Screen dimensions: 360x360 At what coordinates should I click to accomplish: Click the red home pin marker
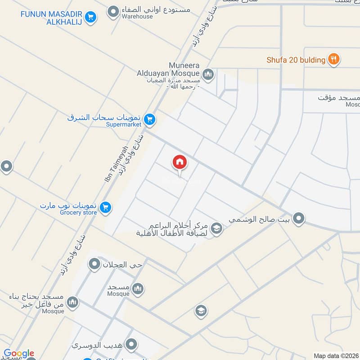tap(180, 162)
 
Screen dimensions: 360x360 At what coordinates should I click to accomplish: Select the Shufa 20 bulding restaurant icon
tap(333, 59)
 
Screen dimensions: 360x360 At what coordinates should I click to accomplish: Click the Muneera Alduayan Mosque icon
tap(207, 74)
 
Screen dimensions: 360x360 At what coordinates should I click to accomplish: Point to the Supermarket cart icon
tap(150, 120)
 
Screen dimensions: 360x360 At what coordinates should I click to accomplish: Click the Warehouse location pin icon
tap(114, 10)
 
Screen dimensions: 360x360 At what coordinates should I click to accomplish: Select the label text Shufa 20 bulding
tap(295, 60)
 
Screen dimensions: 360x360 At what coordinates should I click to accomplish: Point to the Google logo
tap(18, 353)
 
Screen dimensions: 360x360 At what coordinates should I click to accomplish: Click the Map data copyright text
tap(335, 356)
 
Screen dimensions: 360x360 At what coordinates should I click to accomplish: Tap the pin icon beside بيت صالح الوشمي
tap(298, 219)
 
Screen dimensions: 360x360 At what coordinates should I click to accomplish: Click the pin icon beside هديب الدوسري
tap(131, 344)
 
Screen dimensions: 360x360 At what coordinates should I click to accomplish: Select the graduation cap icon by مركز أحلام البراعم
tap(216, 228)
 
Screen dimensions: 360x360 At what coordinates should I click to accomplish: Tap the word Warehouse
tap(137, 17)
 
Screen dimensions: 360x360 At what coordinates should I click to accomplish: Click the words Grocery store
tap(78, 212)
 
